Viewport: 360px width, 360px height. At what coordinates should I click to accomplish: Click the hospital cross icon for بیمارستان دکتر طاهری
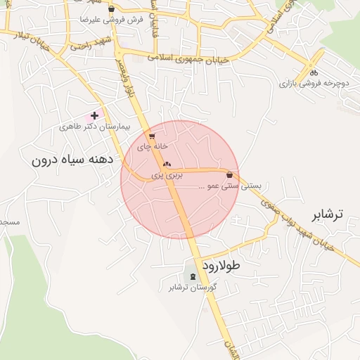coord(95,115)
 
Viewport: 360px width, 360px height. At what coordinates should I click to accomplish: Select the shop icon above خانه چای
coord(152,136)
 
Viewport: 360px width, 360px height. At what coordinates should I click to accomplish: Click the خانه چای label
coord(152,148)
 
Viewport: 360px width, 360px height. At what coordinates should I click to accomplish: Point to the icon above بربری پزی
coord(167,165)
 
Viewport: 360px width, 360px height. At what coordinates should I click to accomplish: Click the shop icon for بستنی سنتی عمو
coord(229,174)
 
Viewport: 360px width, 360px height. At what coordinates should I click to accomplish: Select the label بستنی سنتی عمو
coord(230,187)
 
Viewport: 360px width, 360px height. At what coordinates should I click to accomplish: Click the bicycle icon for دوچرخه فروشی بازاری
coord(314,71)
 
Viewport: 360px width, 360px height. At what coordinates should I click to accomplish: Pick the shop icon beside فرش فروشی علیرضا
coord(111,8)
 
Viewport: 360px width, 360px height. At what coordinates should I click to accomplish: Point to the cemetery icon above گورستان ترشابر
coord(193,276)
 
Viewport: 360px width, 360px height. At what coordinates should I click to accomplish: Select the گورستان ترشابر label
coord(193,288)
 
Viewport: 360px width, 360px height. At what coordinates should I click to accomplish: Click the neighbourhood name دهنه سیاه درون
coord(72,160)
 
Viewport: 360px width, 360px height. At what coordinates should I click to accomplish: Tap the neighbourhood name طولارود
coord(221,266)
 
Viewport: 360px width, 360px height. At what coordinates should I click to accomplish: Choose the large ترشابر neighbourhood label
coord(328,214)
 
